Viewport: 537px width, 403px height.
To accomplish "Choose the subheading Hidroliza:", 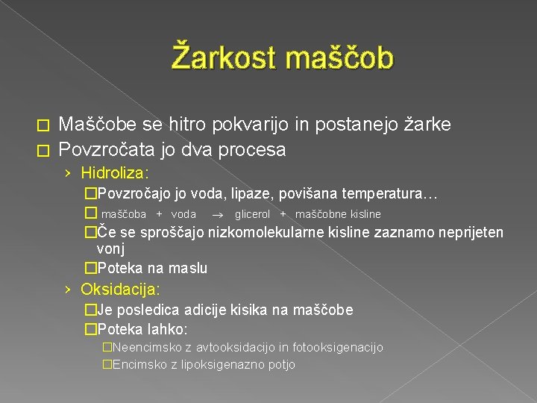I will pos(115,173).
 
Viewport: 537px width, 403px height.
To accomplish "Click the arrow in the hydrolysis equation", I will pos(216,214).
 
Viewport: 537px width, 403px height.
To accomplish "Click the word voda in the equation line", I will pos(184,214).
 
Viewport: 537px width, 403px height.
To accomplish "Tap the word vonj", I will pos(110,249).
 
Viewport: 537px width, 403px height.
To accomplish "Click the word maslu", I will pos(189,268).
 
